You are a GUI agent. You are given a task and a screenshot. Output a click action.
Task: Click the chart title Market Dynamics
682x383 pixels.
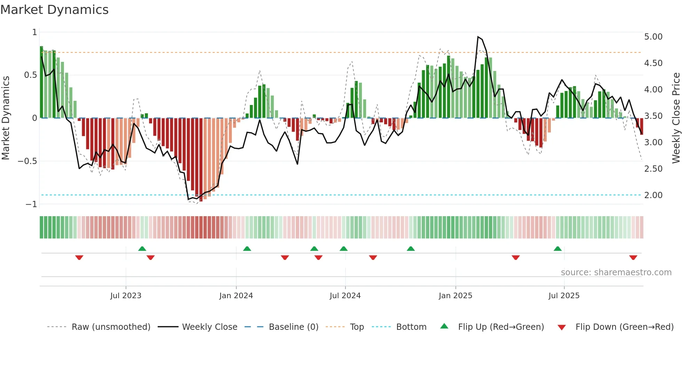(55, 10)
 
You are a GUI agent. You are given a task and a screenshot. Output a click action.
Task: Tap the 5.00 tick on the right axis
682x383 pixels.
(653, 37)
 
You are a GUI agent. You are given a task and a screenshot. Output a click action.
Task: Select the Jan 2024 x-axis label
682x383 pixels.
(236, 296)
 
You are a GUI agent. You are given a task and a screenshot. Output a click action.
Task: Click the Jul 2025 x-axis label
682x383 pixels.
(564, 296)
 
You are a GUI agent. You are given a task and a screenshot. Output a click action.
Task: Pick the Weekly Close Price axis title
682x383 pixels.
(676, 118)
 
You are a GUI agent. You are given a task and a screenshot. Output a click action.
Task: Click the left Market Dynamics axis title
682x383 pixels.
(6, 118)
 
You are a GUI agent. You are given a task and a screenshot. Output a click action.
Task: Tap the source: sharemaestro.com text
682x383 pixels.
(616, 272)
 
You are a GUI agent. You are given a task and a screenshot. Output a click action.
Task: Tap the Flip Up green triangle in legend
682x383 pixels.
(444, 326)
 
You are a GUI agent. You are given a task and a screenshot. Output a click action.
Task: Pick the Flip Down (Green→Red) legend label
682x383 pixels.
(624, 327)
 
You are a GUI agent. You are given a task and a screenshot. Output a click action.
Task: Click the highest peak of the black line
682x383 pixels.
(478, 37)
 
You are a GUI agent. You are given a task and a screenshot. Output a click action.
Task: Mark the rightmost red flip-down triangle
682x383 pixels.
(633, 258)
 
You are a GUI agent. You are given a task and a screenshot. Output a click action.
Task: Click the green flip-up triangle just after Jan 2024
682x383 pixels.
(247, 248)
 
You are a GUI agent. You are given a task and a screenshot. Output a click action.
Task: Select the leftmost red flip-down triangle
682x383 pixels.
(79, 258)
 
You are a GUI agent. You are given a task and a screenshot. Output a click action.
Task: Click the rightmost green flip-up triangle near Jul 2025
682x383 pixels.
(557, 248)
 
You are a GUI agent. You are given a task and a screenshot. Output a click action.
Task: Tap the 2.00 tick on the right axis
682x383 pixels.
(653, 195)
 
